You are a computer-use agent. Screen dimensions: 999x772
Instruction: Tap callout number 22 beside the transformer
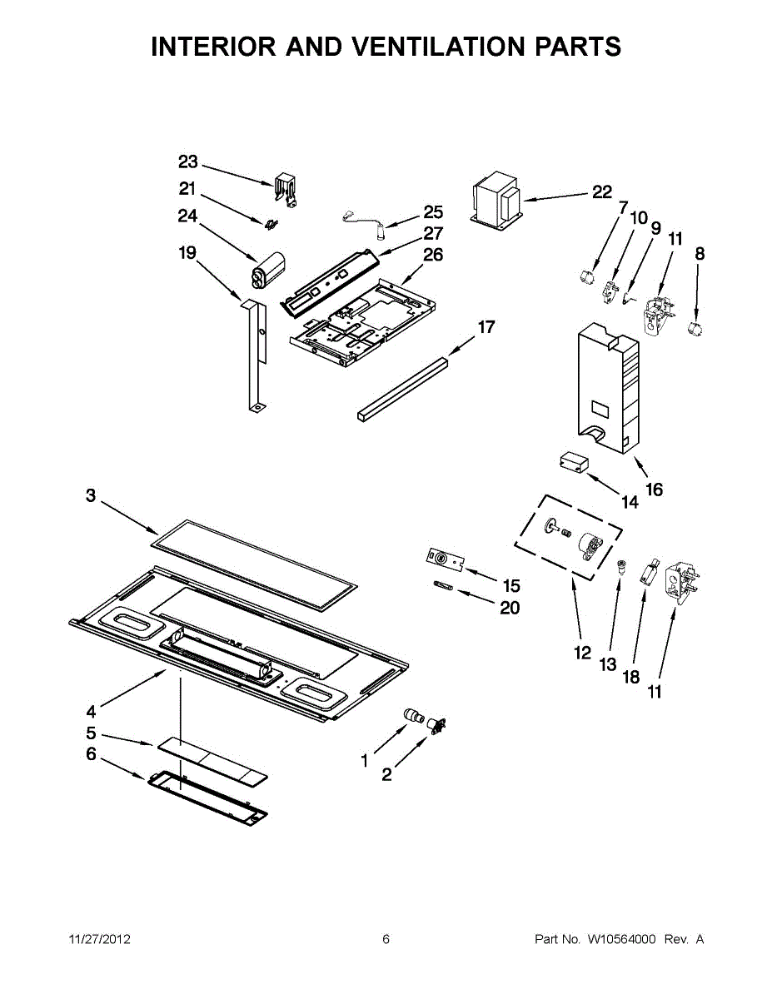602,192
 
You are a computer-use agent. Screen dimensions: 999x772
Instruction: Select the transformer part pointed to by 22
497,202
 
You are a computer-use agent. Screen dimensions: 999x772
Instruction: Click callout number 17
486,327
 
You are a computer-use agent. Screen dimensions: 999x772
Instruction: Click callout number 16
655,490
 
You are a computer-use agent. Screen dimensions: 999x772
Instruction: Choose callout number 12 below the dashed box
583,653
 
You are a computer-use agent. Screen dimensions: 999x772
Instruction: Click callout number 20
510,609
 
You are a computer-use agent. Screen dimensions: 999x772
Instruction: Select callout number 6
91,754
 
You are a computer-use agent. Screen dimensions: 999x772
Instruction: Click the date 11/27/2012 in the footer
99,940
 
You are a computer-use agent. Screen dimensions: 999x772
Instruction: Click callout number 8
700,254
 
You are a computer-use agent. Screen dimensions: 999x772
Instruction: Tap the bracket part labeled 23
286,189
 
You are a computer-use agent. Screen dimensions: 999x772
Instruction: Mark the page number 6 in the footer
386,940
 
